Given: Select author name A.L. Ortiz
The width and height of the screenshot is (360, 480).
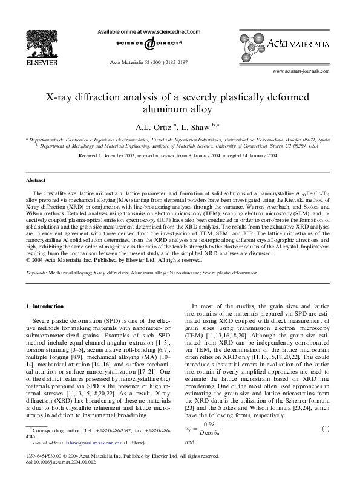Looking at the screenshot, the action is coord(156,127).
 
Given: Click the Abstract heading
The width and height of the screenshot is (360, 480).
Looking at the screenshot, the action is coord(35,180).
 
